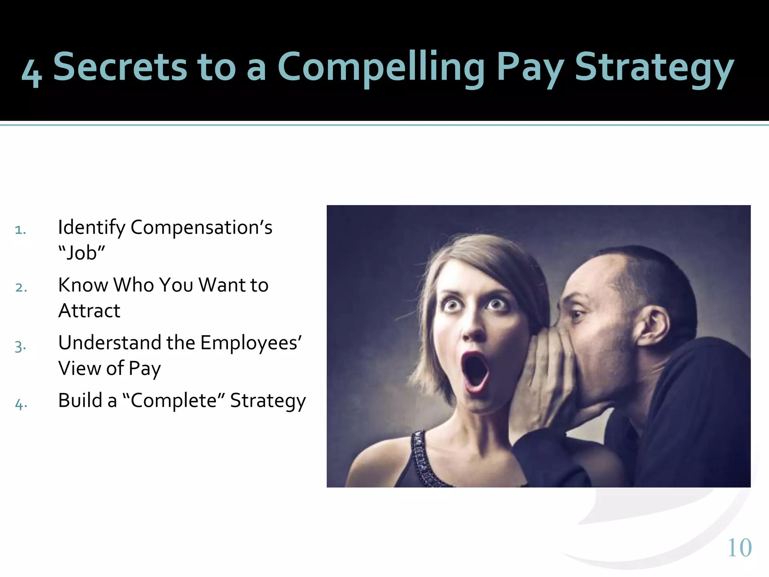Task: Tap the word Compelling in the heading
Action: tap(381, 68)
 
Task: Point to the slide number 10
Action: tap(739, 548)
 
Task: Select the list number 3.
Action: tap(20, 346)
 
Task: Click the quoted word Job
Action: tap(82, 252)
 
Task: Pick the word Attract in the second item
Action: tap(89, 311)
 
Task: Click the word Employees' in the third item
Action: tap(251, 343)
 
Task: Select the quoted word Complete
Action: tap(174, 400)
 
